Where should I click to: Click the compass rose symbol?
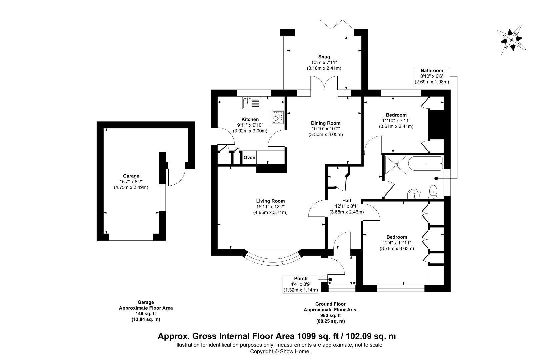click(512, 40)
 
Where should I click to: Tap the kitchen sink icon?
click(251, 103)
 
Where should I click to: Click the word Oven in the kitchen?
click(249, 158)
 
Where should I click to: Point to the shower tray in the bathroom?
click(396, 165)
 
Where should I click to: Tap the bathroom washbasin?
click(414, 194)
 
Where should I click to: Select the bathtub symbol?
click(425, 164)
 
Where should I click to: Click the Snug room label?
click(324, 57)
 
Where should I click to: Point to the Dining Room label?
click(326, 123)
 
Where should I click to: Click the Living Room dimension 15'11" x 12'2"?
click(270, 207)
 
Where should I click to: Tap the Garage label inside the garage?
click(131, 176)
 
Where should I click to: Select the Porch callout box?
click(301, 284)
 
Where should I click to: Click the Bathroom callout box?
click(432, 76)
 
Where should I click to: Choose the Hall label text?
click(347, 201)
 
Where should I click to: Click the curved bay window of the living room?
click(273, 261)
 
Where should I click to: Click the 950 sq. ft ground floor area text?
click(330, 315)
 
